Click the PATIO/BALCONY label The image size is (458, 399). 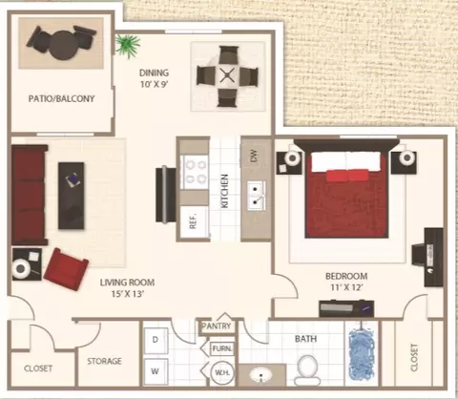click(61, 98)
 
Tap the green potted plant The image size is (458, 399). click(128, 45)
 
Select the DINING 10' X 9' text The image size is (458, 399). click(154, 78)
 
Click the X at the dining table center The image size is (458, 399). click(227, 75)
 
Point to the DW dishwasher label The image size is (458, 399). click(254, 156)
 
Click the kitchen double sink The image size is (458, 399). click(257, 195)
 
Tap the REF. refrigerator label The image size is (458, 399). click(193, 220)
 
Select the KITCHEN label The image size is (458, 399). click(224, 191)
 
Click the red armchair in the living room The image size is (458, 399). click(66, 269)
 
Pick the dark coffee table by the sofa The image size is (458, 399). click(72, 196)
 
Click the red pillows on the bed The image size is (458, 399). click(347, 176)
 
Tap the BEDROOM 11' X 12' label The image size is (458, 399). click(346, 282)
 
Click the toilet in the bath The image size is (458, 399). click(307, 369)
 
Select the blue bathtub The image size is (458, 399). click(362, 354)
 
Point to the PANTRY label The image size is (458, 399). click(217, 326)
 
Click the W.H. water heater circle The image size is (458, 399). click(222, 372)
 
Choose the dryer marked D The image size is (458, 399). click(156, 340)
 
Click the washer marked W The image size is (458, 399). click(156, 371)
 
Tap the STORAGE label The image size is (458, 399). click(104, 361)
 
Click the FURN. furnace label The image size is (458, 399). click(222, 348)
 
